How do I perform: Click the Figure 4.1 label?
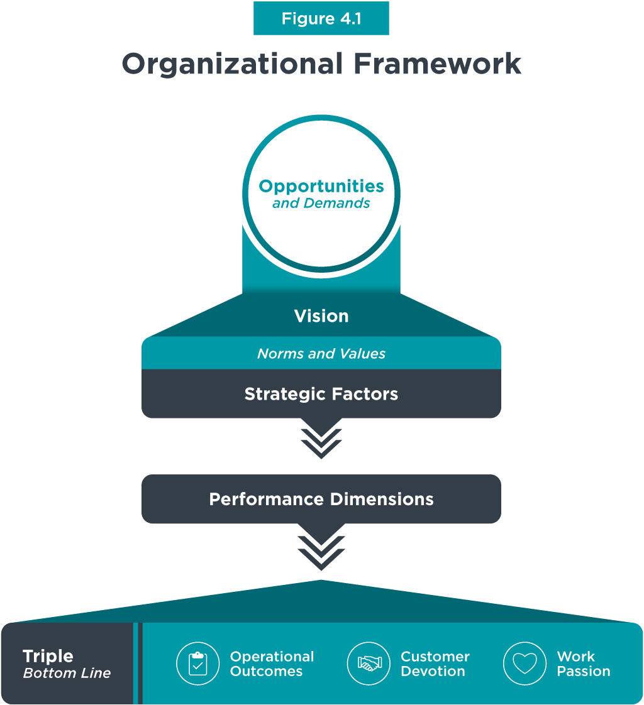(x=321, y=19)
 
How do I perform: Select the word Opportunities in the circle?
(x=321, y=186)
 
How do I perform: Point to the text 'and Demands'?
(x=321, y=204)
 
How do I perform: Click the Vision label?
(x=321, y=316)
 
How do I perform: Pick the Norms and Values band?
(x=321, y=354)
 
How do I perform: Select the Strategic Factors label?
(x=321, y=394)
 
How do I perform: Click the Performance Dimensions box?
(x=321, y=500)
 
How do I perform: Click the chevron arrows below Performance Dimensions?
(x=321, y=549)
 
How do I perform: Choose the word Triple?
(x=48, y=657)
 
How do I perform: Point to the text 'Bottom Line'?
(x=67, y=674)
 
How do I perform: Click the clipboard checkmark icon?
(x=197, y=664)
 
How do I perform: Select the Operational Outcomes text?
(x=272, y=664)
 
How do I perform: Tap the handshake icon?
(x=369, y=664)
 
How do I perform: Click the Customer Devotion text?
(x=435, y=664)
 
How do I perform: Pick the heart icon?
(x=525, y=664)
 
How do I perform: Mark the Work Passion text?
(x=583, y=664)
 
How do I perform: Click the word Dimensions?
(x=379, y=500)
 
